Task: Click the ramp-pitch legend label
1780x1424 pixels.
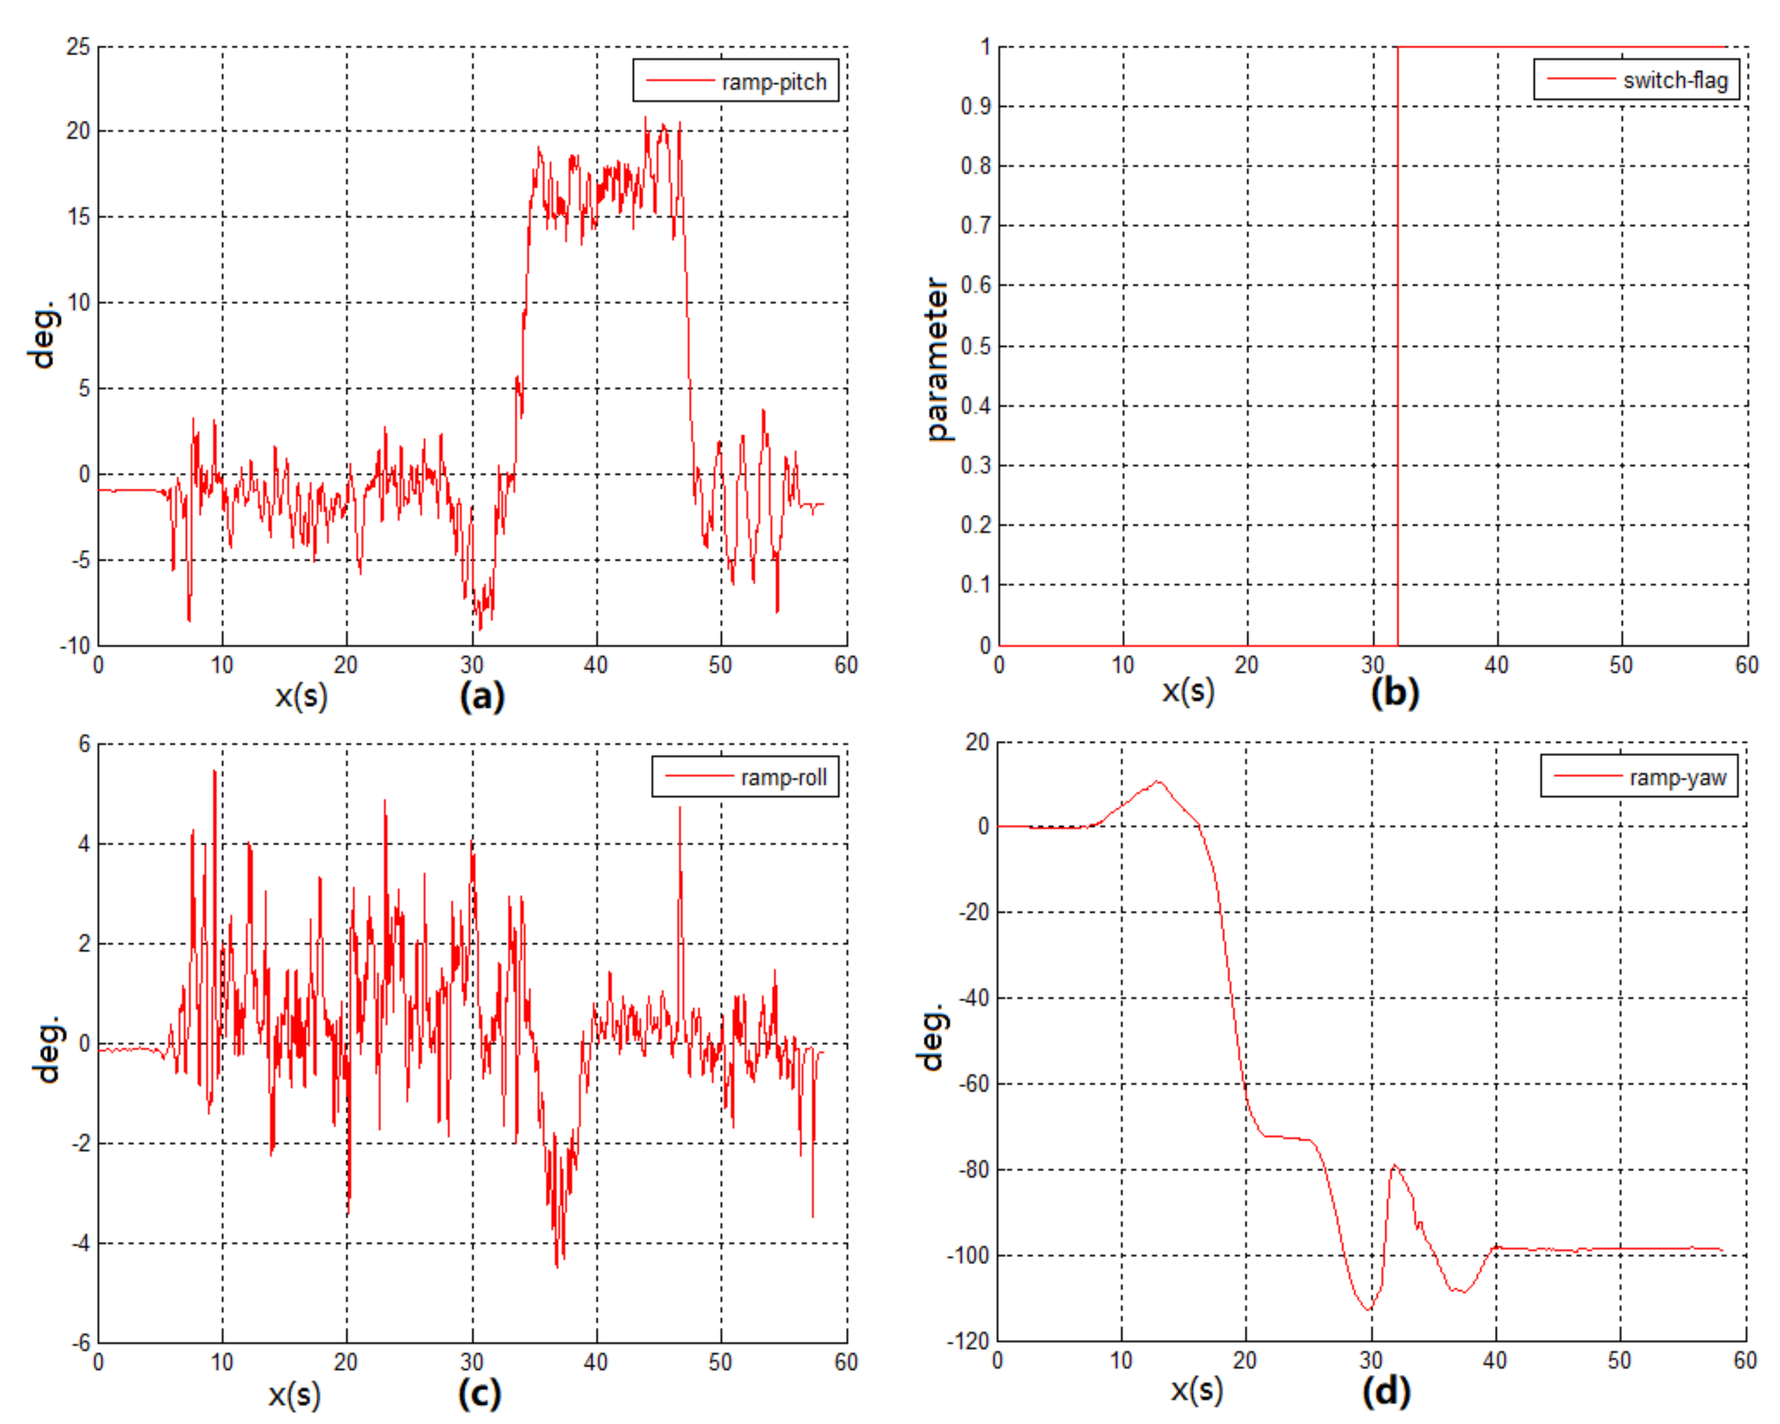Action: pyautogui.click(x=773, y=82)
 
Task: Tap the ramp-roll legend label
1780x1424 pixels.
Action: pyautogui.click(x=783, y=778)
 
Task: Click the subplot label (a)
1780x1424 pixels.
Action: pyautogui.click(x=482, y=695)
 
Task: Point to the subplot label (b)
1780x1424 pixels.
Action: pyautogui.click(x=1394, y=692)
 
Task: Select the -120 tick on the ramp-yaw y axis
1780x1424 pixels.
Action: pyautogui.click(x=968, y=1342)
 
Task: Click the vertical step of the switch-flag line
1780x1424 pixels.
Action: pyautogui.click(x=1397, y=347)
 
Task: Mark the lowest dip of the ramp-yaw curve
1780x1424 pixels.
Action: pyautogui.click(x=1368, y=1309)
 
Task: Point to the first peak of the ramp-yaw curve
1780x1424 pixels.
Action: pyautogui.click(x=1158, y=781)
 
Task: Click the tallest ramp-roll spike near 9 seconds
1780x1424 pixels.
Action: pyautogui.click(x=215, y=771)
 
